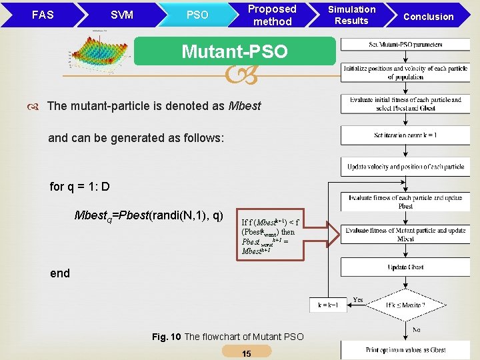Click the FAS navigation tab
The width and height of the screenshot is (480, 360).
(42, 15)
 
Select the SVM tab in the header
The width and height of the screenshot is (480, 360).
(121, 15)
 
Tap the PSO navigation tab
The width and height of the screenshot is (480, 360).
(197, 15)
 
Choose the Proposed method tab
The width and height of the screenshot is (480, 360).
(272, 15)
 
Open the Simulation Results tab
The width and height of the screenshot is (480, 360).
(352, 15)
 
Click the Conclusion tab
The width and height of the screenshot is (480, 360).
(429, 16)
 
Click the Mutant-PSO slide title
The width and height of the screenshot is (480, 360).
(235, 51)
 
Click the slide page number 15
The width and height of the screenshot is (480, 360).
(247, 353)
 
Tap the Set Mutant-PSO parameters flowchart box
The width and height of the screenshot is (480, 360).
(405, 45)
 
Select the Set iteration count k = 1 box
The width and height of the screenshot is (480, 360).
(405, 135)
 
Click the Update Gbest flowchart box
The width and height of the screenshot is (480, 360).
(405, 267)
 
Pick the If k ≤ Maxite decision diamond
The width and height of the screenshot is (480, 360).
(405, 305)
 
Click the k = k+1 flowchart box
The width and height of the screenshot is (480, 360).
(328, 305)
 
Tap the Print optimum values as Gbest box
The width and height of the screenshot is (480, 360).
(405, 349)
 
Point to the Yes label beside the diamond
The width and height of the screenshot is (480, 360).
(358, 299)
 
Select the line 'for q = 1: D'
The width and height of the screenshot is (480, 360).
(80, 187)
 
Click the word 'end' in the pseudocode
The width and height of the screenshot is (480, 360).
(59, 273)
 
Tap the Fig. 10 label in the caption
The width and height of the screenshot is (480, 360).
(166, 337)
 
